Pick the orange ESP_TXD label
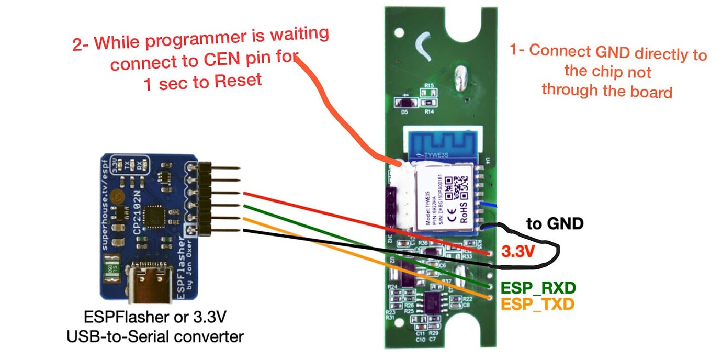point(537,303)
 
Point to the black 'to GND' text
point(555,224)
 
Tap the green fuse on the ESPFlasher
point(111,268)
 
